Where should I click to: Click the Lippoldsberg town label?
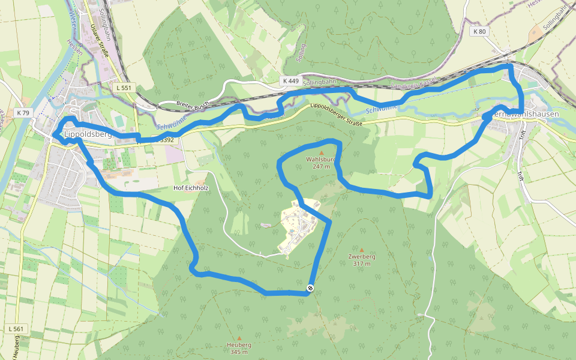pyautogui.click(x=88, y=134)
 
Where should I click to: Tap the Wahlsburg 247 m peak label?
pyautogui.click(x=321, y=163)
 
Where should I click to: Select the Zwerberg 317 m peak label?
pyautogui.click(x=361, y=260)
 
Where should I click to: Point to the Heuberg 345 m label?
pyautogui.click(x=239, y=348)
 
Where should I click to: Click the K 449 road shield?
pyautogui.click(x=289, y=80)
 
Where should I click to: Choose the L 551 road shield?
pyautogui.click(x=124, y=88)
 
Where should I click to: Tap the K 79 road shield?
pyautogui.click(x=23, y=112)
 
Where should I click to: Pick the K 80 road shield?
pyautogui.click(x=479, y=31)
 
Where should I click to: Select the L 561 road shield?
pyautogui.click(x=16, y=329)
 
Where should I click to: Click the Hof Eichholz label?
pyautogui.click(x=191, y=188)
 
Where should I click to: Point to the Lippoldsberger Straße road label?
pyautogui.click(x=337, y=116)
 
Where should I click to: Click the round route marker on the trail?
pyautogui.click(x=311, y=289)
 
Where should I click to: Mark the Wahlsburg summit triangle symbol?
pyautogui.click(x=321, y=153)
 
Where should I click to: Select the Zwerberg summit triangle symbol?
pyautogui.click(x=361, y=250)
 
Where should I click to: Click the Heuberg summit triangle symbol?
pyautogui.click(x=239, y=338)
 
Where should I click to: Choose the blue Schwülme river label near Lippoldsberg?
pyautogui.click(x=169, y=122)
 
